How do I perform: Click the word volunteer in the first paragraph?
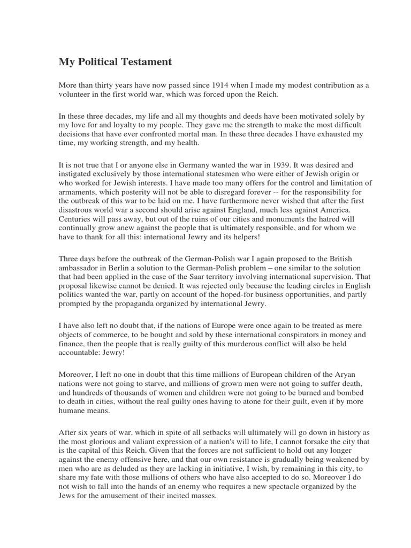click(77, 95)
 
